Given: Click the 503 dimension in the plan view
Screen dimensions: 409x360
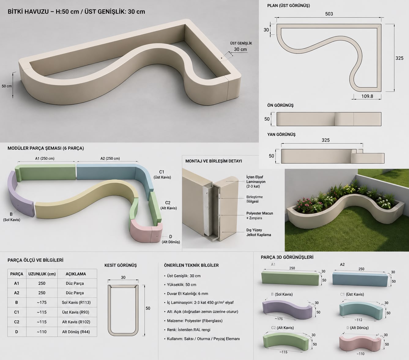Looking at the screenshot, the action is pos(329,14).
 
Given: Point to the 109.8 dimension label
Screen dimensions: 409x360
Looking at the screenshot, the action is pos(367,96).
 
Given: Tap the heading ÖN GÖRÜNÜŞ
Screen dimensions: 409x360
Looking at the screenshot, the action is pos(281,105).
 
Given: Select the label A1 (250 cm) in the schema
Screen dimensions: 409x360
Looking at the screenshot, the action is pos(45,158).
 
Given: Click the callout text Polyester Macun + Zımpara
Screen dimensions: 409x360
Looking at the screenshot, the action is pos(260,216).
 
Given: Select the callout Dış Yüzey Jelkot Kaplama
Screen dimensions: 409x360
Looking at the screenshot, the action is pos(258,232).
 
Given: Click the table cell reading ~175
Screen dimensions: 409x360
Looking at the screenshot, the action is pos(42,302).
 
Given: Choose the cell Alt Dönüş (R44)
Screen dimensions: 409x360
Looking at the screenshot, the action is pos(76,332).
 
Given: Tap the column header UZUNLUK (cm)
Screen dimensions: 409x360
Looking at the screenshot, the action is pos(42,274).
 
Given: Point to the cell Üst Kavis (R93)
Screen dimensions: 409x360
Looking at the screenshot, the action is pos(76,312).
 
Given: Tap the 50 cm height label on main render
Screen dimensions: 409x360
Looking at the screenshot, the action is pos(7,86).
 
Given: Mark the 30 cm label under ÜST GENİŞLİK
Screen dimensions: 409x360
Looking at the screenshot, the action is pos(240,49).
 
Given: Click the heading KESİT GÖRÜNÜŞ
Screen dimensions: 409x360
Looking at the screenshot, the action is pos(121,265).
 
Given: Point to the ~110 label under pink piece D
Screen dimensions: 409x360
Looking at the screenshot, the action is pos(360,354).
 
